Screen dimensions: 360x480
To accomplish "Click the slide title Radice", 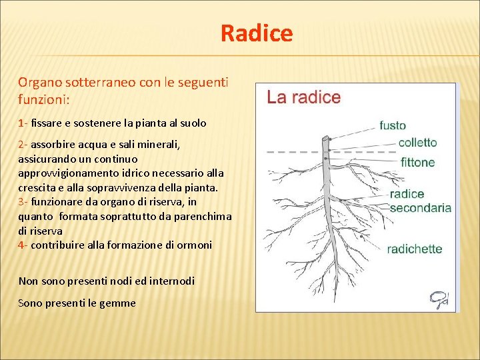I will pos(257,33).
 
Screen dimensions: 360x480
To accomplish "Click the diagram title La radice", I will pos(303,97).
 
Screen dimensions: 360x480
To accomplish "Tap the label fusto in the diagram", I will pos(393,125).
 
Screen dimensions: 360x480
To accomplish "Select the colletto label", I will pos(417,143).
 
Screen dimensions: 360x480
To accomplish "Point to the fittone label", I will pos(417,162).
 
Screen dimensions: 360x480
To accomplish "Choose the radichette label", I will pos(415,249).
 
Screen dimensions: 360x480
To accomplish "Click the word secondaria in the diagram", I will pos(420,207).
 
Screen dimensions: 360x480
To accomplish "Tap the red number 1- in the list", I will pos(23,123).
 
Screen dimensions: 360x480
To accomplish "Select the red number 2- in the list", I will pos(23,144).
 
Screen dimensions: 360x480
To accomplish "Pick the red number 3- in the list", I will pos(23,202).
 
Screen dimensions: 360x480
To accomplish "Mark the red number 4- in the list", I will pos(23,245).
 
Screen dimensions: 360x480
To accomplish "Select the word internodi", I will pos(169,281).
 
